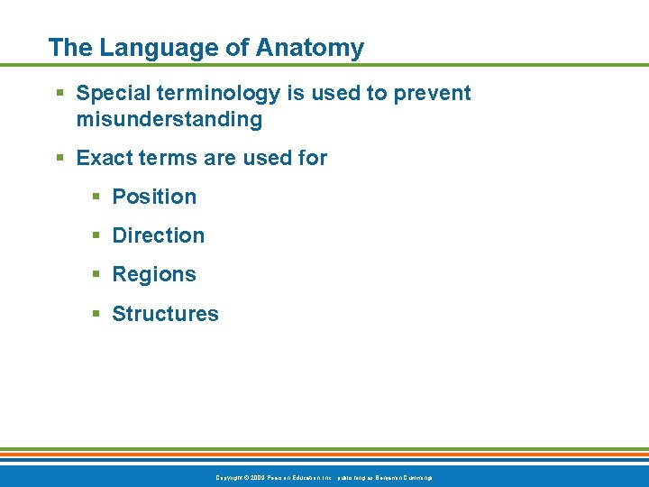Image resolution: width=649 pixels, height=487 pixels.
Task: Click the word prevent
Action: pyautogui.click(x=433, y=93)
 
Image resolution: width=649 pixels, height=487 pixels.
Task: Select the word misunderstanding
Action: pyautogui.click(x=169, y=119)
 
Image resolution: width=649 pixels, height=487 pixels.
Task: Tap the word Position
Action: pyautogui.click(x=154, y=197)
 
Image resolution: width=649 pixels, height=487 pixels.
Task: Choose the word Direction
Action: pyautogui.click(x=158, y=235)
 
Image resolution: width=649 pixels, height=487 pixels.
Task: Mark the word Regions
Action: pyautogui.click(x=154, y=274)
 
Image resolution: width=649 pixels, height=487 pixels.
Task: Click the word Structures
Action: pyautogui.click(x=165, y=314)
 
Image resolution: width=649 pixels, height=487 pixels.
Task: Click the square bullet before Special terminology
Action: pyautogui.click(x=59, y=94)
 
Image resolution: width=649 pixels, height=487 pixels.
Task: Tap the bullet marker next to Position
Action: pyautogui.click(x=96, y=198)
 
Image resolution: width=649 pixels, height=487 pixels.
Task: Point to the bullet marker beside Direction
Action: pyautogui.click(x=96, y=236)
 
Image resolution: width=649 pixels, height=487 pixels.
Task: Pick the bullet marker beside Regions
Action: pyautogui.click(x=96, y=275)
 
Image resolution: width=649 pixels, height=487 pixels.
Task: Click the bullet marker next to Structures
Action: pyautogui.click(x=96, y=315)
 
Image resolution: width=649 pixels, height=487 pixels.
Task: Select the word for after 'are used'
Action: pyautogui.click(x=311, y=159)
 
